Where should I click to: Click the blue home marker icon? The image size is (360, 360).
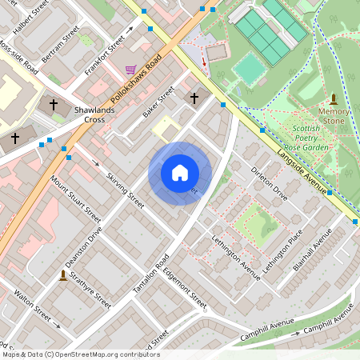point(180,173)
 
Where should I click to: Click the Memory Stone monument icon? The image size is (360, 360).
point(333,100)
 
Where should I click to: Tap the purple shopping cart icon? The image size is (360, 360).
point(130,69)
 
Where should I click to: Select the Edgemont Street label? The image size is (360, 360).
point(187,290)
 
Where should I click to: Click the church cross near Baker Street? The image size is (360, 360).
point(193,98)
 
